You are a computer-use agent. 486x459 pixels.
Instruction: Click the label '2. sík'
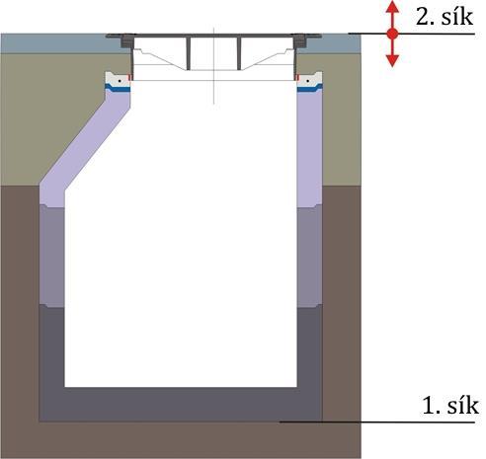(x=445, y=17)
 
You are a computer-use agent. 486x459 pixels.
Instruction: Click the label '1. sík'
(x=450, y=406)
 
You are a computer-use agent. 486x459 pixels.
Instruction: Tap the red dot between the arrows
(x=392, y=34)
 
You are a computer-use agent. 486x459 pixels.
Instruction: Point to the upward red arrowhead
(x=392, y=7)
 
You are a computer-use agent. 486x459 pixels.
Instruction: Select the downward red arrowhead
(x=392, y=61)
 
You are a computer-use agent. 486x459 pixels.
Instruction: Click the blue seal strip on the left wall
(x=118, y=88)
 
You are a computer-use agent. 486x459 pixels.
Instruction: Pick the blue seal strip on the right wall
(x=309, y=88)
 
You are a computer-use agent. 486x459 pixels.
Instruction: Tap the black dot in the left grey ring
(x=121, y=81)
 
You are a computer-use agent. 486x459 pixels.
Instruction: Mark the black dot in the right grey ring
(x=308, y=81)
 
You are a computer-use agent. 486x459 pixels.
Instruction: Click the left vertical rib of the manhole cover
(x=189, y=53)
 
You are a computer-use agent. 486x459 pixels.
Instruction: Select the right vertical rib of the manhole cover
(x=239, y=53)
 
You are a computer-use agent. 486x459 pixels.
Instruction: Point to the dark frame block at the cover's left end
(x=126, y=42)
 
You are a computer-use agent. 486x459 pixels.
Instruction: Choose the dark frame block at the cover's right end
(x=299, y=42)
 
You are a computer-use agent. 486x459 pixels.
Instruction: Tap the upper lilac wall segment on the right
(x=309, y=148)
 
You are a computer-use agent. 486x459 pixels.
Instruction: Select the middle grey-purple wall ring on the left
(x=51, y=256)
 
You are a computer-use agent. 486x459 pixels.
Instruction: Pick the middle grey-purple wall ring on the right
(x=309, y=256)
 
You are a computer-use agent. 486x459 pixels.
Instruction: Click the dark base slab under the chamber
(x=181, y=405)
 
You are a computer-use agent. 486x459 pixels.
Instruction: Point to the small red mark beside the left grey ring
(x=129, y=78)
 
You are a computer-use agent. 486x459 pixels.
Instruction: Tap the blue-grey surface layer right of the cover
(x=333, y=43)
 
